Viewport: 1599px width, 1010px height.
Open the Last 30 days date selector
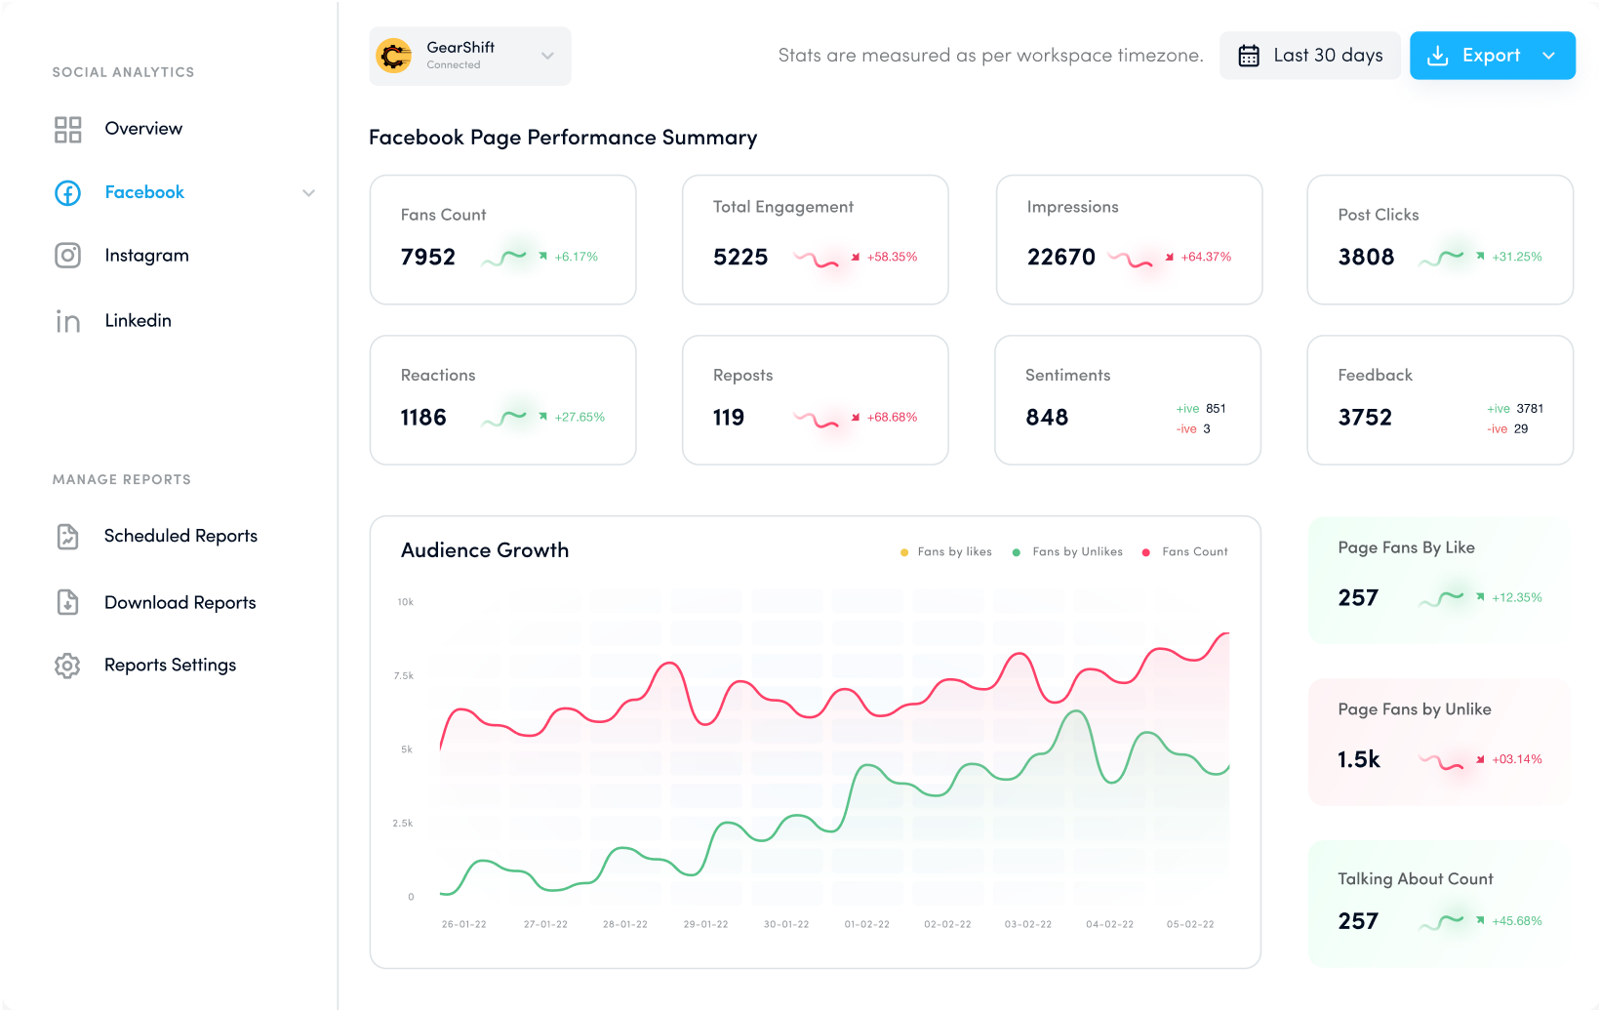[1309, 56]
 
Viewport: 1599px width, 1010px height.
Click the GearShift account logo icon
[394, 56]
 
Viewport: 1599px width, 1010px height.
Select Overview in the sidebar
[143, 129]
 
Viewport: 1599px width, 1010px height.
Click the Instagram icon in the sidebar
[67, 256]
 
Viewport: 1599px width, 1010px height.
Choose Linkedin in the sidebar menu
[138, 320]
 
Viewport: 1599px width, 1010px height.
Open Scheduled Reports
[180, 536]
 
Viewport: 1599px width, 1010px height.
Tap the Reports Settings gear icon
[67, 666]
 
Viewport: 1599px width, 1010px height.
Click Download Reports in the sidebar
[180, 603]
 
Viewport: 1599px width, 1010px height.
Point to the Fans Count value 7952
[428, 257]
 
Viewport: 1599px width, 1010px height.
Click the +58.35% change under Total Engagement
[892, 257]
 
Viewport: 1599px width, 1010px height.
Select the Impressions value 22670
[1060, 257]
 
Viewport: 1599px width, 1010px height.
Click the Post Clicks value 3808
[1366, 257]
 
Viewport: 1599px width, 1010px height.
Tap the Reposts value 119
[729, 418]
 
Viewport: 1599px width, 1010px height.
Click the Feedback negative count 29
[1520, 429]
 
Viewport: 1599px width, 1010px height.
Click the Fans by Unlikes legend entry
[1076, 552]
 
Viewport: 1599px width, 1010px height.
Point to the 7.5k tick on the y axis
[404, 675]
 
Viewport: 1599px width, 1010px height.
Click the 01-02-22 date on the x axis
[866, 924]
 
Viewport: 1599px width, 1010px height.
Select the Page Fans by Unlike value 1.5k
[1358, 759]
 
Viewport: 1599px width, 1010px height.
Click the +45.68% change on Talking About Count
[1516, 921]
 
